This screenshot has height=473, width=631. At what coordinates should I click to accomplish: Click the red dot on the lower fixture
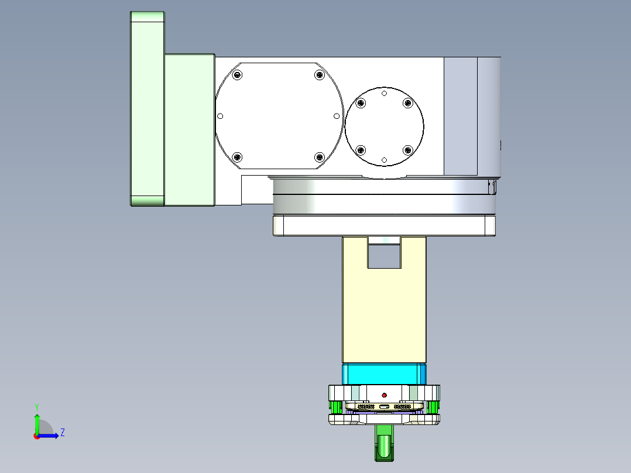[384, 395]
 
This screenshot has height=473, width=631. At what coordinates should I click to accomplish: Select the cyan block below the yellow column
[384, 373]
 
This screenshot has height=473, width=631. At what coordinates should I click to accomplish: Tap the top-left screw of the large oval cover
[237, 74]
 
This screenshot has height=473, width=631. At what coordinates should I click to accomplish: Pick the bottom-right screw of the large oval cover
[319, 157]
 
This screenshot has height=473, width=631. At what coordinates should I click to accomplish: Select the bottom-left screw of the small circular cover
[361, 149]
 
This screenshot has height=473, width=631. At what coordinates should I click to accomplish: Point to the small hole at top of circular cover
[384, 94]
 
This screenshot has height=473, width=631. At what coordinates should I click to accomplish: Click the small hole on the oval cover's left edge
[221, 116]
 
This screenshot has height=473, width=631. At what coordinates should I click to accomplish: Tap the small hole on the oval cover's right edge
[337, 116]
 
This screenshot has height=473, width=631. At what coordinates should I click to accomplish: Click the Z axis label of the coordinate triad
[62, 433]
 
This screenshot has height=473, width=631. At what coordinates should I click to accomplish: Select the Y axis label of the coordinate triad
[36, 406]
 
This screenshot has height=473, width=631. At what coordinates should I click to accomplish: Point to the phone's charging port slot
[384, 406]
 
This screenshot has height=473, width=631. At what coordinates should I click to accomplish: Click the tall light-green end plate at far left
[146, 109]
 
